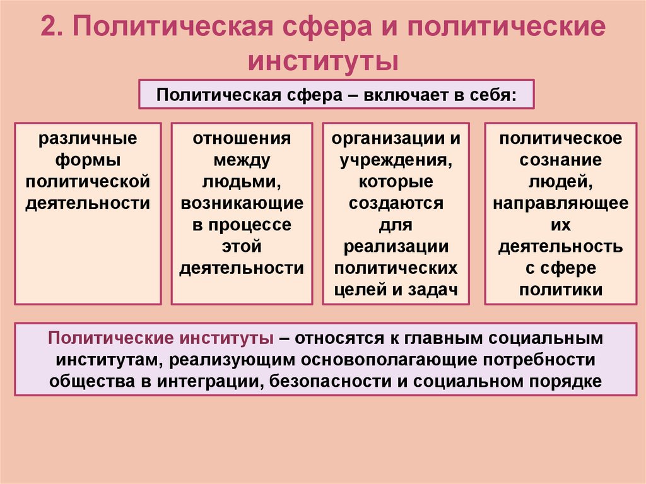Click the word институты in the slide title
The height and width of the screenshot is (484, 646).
(322, 62)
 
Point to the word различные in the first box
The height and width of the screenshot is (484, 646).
(88, 138)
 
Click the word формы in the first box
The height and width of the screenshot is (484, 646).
(88, 160)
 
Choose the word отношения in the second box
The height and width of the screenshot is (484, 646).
(242, 138)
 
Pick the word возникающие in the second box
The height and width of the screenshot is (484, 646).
(242, 203)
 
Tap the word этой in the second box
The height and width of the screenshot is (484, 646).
(242, 247)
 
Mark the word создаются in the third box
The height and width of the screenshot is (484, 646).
(396, 203)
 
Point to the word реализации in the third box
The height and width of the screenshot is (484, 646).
(396, 247)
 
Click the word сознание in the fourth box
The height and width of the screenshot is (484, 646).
(561, 160)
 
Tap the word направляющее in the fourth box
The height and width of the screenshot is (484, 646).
(561, 203)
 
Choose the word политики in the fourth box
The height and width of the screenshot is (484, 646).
(561, 290)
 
